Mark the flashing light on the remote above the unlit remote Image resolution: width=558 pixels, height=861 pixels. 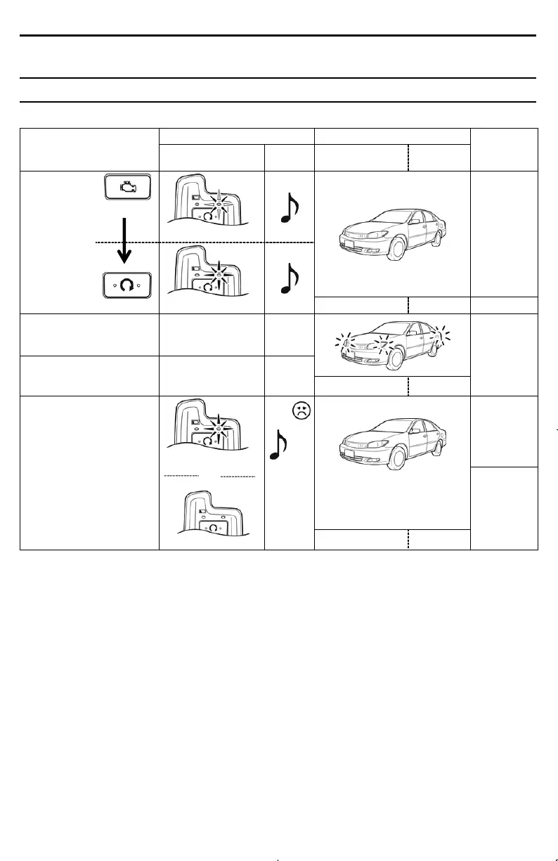pyautogui.click(x=218, y=428)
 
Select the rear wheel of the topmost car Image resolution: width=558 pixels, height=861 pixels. pyautogui.click(x=439, y=237)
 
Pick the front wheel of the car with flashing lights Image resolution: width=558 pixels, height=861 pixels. pyautogui.click(x=396, y=357)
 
